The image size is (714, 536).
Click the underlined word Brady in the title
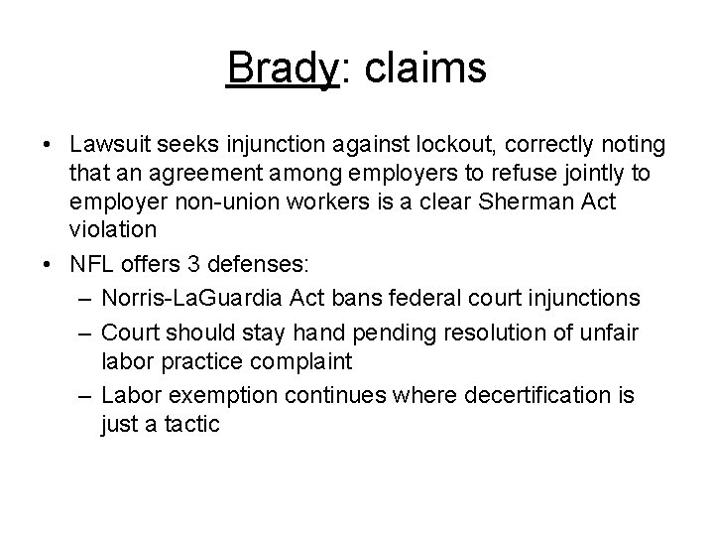[x=283, y=68]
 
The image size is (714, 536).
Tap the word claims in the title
[x=420, y=68]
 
